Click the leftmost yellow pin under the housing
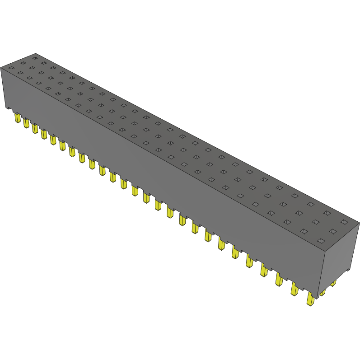(17, 118)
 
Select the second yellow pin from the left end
(26, 123)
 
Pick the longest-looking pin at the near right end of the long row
(310, 299)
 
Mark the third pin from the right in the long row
(279, 281)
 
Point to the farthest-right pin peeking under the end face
(333, 283)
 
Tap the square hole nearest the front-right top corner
(321, 240)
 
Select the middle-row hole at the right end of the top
(333, 231)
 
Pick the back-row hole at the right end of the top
(344, 222)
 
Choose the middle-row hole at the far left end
(23, 63)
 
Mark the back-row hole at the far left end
(35, 58)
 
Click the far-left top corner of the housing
(1, 67)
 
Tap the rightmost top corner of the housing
(359, 223)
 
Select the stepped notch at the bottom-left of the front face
(7, 108)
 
